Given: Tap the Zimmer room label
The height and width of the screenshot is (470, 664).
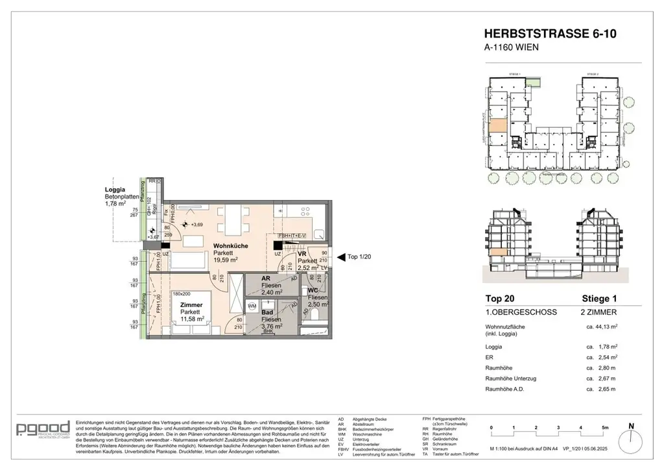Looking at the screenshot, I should (x=191, y=304).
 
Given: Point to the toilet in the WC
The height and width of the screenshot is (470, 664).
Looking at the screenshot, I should (x=314, y=314).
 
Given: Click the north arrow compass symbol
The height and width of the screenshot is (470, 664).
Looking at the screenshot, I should (x=632, y=431).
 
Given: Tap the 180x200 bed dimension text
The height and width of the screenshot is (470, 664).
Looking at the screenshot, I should (x=184, y=293).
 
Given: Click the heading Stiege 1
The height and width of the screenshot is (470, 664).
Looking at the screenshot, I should (x=599, y=299).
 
